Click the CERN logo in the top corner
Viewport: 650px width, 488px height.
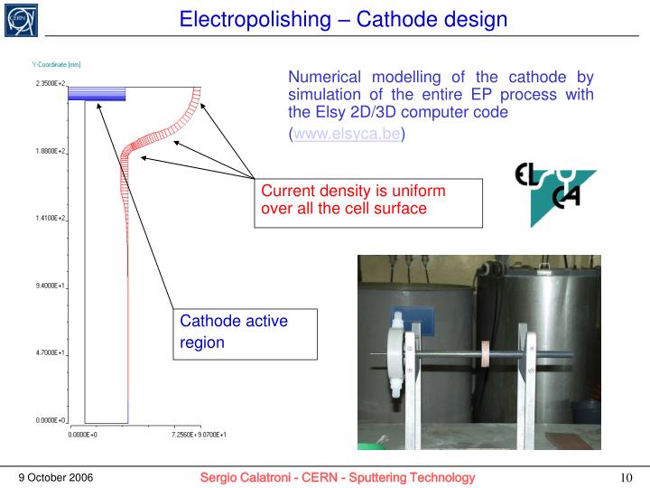pyautogui.click(x=20, y=20)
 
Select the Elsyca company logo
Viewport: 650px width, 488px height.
pyautogui.click(x=554, y=192)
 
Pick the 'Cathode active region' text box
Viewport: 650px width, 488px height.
pyautogui.click(x=243, y=332)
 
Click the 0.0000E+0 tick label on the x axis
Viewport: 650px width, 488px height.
pyautogui.click(x=83, y=435)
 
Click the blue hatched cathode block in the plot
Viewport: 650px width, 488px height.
pyautogui.click(x=106, y=93)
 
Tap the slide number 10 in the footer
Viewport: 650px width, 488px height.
pyautogui.click(x=625, y=477)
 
